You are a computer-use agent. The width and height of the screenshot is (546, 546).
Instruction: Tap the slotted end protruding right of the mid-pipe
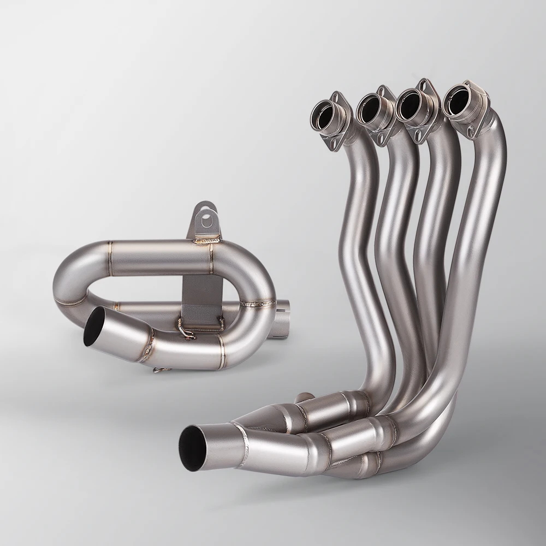pyautogui.click(x=287, y=317)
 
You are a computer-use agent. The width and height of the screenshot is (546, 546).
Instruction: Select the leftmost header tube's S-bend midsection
pyautogui.click(x=358, y=229)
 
